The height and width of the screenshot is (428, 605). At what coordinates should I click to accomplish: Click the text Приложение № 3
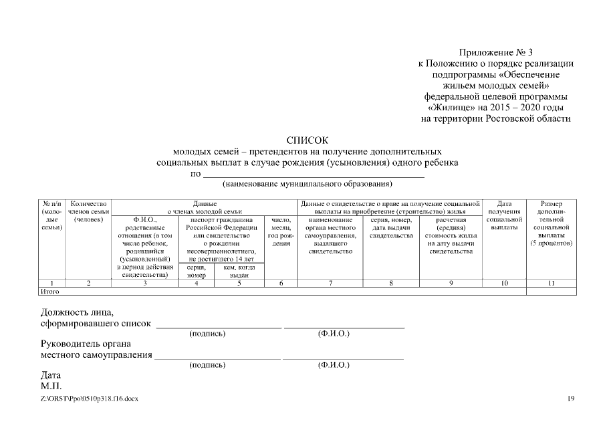tap(495, 52)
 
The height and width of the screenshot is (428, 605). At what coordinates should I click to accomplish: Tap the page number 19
tap(570, 399)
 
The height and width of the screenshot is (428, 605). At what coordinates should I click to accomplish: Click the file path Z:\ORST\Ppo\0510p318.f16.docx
tap(90, 399)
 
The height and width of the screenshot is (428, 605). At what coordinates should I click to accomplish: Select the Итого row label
tap(50, 292)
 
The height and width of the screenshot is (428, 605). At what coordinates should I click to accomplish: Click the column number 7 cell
tap(330, 284)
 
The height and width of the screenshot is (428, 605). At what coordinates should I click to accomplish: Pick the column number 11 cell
tap(551, 284)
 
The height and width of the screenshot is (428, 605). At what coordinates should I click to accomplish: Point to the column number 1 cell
tap(51, 284)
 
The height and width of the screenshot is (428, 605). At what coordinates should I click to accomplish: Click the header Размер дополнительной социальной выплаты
tap(551, 223)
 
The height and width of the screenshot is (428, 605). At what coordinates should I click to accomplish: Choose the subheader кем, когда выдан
tap(239, 271)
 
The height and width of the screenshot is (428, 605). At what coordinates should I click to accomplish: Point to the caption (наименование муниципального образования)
tap(308, 184)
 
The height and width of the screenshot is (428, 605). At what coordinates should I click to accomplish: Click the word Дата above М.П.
tap(51, 376)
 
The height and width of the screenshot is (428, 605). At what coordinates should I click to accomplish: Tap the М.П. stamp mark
tap(51, 387)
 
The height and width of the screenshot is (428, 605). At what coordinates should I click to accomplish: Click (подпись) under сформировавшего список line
tap(207, 333)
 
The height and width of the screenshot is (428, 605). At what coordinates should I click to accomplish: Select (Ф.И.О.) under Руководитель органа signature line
tap(334, 365)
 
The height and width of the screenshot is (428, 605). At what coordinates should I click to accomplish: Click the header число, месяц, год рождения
tap(281, 231)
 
